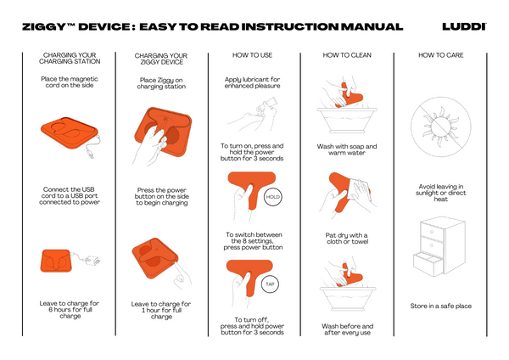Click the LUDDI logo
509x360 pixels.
point(464,26)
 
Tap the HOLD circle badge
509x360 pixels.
point(272,197)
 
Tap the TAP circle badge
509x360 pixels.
point(270,284)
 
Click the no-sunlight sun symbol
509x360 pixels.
point(440,127)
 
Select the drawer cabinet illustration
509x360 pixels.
point(439,247)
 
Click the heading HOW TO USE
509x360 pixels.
point(252,55)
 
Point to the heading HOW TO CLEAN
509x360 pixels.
point(347,55)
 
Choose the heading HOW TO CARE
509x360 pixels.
point(441,55)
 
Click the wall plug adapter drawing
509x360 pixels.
point(92,260)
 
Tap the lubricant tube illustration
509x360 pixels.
point(268,105)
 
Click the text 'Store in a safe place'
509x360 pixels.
point(441,306)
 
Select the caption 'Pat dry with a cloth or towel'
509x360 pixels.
point(347,239)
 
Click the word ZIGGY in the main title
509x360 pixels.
point(44,27)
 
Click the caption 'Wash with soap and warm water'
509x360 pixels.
point(347,149)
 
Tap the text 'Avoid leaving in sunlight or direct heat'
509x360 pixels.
point(441,193)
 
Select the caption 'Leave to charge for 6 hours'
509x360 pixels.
point(70,310)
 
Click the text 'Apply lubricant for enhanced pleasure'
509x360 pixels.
point(252,82)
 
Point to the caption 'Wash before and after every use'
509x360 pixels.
point(347,329)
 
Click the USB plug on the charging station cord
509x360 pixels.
point(90,153)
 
